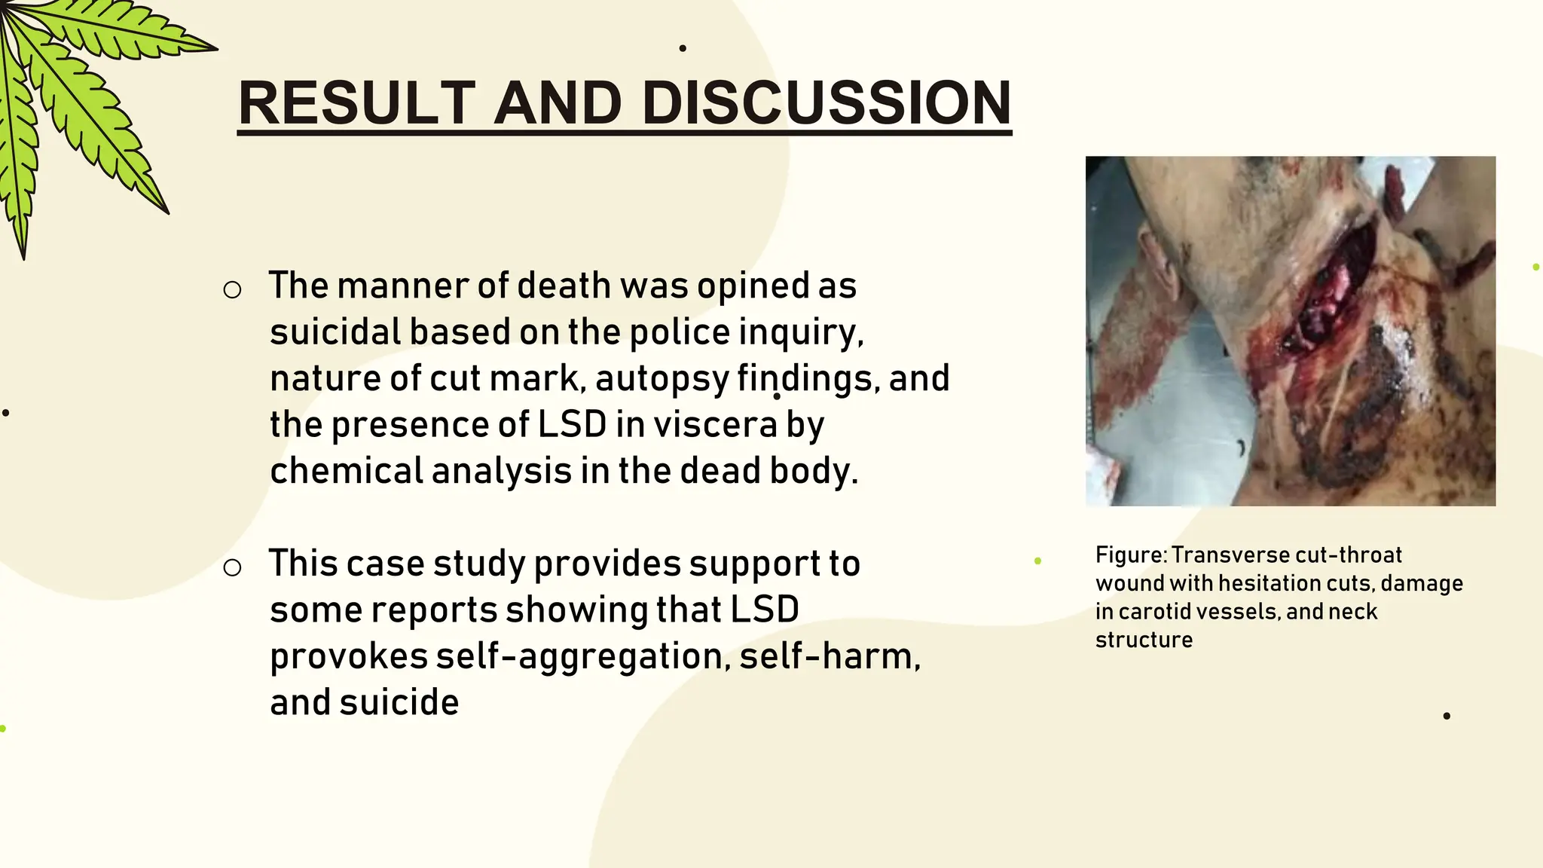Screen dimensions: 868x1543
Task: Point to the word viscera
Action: click(x=715, y=424)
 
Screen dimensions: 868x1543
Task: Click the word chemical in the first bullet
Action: click(x=346, y=471)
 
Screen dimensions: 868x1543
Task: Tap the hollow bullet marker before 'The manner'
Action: click(x=232, y=290)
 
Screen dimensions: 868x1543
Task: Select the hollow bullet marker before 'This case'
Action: click(x=232, y=568)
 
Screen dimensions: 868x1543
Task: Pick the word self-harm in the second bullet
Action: click(x=829, y=656)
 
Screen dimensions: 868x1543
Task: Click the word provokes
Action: click(x=348, y=656)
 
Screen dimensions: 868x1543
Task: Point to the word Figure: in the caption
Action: click(x=1130, y=555)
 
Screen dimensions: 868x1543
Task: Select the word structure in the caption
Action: click(x=1144, y=640)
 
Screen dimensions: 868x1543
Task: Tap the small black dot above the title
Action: click(x=683, y=48)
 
